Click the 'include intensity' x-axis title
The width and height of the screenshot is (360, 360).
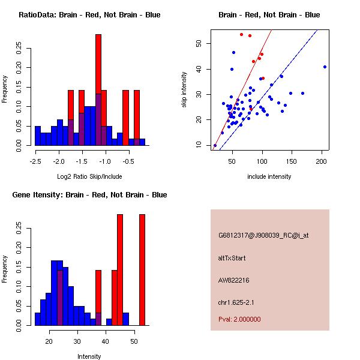269,176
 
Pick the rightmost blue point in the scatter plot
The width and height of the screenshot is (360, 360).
325,67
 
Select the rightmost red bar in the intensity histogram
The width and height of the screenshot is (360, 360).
142,270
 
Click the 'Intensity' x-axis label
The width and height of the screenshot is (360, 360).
89,356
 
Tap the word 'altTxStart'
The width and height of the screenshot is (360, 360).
232,258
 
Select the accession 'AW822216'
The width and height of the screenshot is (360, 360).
233,280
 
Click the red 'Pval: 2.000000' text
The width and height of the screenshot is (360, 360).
239,319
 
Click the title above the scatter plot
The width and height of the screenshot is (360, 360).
269,14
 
